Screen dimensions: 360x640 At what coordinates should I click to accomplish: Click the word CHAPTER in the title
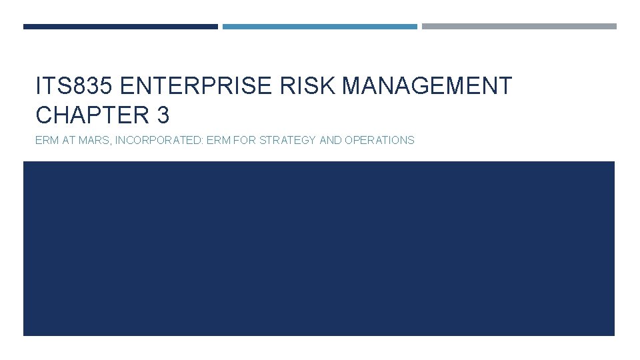point(93,115)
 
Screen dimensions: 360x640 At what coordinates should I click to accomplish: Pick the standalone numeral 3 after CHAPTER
point(163,115)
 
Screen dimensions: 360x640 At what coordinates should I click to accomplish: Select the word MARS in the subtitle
point(97,140)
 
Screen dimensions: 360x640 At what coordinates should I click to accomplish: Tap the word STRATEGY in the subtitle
point(293,140)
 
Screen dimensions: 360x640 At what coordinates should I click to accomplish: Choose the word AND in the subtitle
point(331,140)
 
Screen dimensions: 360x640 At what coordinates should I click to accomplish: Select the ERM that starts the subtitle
point(47,140)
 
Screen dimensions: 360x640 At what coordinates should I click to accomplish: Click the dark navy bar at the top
point(121,27)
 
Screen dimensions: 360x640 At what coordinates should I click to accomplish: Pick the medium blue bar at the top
point(320,27)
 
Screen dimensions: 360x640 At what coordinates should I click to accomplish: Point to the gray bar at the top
point(519,27)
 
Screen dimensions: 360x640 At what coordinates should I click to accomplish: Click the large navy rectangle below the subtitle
point(319,248)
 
